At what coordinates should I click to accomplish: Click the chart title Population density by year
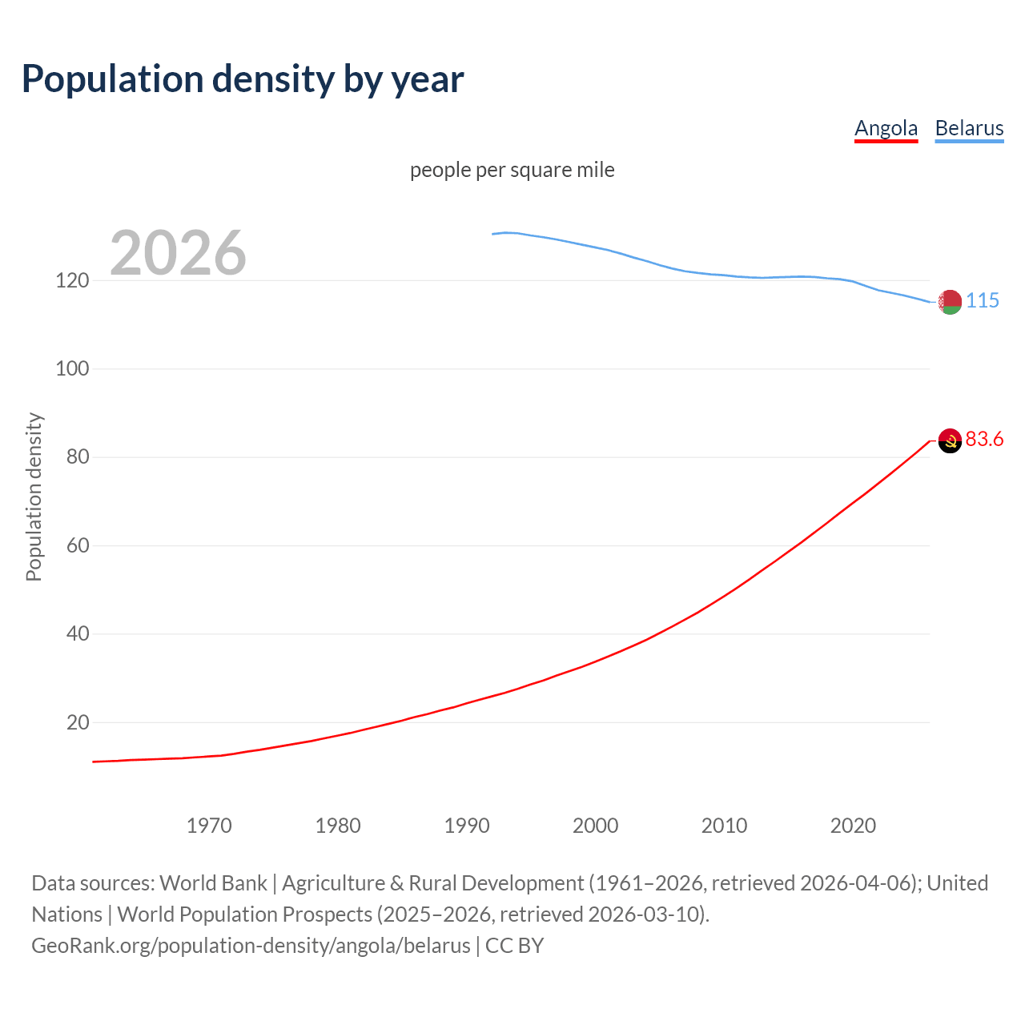[243, 79]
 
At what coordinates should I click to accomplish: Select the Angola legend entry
[886, 128]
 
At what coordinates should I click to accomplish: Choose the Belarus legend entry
[969, 128]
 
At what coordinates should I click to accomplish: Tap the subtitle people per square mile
[512, 170]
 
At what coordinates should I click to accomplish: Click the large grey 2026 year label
[178, 253]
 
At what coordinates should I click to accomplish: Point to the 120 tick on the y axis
[72, 280]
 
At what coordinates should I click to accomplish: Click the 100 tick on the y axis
[72, 369]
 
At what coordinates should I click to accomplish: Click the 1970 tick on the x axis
[209, 826]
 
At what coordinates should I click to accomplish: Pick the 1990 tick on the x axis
[467, 826]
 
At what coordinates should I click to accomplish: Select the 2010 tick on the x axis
[724, 826]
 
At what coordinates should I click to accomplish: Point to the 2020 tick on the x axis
[853, 826]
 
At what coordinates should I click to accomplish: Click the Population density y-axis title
[34, 496]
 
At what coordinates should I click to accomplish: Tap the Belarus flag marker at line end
[950, 302]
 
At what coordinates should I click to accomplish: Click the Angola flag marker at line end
[950, 440]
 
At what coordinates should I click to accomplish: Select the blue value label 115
[983, 300]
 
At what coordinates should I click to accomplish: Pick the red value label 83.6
[984, 439]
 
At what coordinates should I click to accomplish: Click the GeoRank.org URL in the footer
[251, 946]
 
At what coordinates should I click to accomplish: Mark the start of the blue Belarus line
[492, 234]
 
